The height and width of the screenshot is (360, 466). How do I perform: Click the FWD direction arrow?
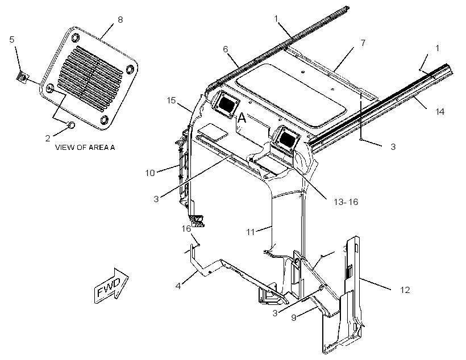coord(111,286)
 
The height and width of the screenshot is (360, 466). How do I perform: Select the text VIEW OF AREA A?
coord(85,147)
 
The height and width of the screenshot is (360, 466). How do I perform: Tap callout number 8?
coord(120,20)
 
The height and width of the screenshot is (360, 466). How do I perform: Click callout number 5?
coord(12,40)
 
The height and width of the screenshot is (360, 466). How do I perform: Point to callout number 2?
coord(48,139)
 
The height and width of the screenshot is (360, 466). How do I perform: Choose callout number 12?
coord(405,290)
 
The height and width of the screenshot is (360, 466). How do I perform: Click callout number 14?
coord(440,112)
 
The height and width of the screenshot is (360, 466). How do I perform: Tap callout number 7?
coord(363,43)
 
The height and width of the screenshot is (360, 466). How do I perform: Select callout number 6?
coord(226,49)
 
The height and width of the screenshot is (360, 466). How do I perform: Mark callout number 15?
coord(172,101)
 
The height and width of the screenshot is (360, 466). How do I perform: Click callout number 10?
coord(150,173)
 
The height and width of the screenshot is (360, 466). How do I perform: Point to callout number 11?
coord(251,232)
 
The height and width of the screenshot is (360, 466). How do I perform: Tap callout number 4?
coord(178,286)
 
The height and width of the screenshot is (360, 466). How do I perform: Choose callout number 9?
coord(294,318)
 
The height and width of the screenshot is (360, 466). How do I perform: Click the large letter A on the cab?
coord(242,118)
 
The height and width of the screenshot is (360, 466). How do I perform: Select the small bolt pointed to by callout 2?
coord(72,125)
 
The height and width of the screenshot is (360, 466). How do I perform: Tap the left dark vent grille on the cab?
coord(226,104)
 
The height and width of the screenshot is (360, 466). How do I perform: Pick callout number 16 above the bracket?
coord(186,229)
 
